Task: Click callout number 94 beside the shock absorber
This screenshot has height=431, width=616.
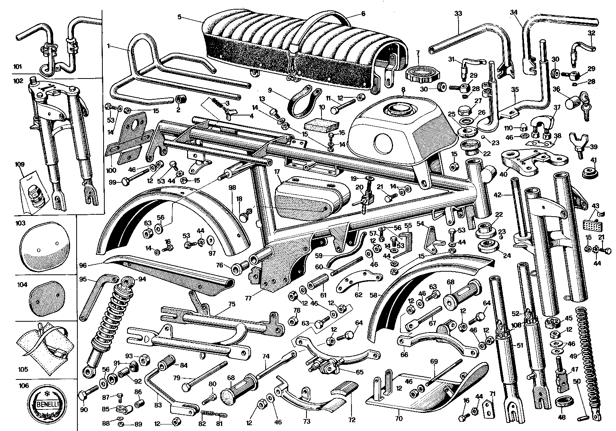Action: point(142,279)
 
